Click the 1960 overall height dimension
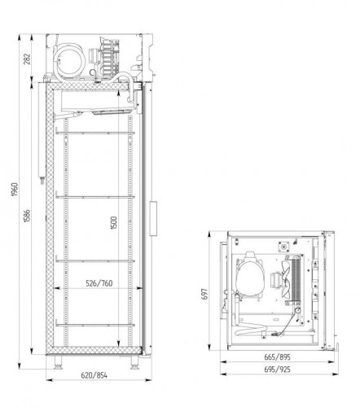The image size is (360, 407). (x=15, y=190)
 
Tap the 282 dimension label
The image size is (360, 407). (x=27, y=59)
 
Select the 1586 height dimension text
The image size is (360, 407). (x=28, y=216)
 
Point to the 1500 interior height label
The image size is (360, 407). (x=114, y=222)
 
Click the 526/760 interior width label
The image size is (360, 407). (x=99, y=283)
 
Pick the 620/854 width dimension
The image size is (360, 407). (x=94, y=375)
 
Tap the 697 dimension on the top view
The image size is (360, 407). (x=205, y=294)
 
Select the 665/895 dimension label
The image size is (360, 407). (x=277, y=357)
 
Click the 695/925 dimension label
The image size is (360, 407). (x=277, y=370)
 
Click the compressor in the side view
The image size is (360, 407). (x=69, y=60)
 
